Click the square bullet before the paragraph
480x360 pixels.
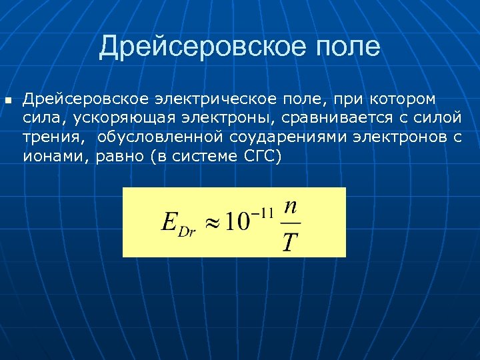coord(8,101)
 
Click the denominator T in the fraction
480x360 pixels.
coord(289,241)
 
